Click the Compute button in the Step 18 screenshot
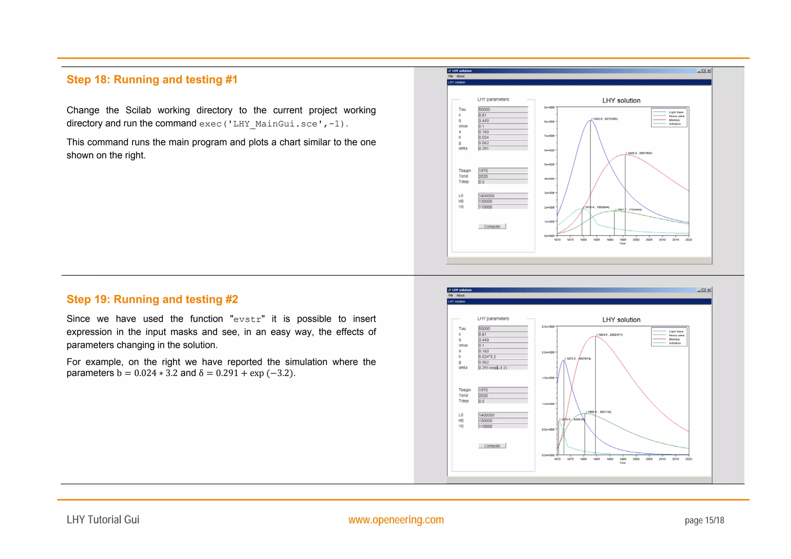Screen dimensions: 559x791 [492, 227]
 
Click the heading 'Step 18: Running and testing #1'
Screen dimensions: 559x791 [152, 80]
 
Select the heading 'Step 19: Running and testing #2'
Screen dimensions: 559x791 [152, 299]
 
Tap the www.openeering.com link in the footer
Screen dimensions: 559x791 [396, 520]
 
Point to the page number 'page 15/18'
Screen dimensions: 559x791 [704, 520]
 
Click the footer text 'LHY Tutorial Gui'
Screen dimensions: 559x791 [103, 520]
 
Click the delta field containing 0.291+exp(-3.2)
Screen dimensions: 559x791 [502, 368]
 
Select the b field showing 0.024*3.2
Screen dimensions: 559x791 [502, 357]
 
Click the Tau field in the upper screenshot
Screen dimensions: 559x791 [502, 110]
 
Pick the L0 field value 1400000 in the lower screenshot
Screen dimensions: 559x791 [502, 415]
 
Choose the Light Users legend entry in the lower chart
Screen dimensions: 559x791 [676, 332]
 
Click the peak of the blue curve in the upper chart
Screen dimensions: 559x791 [590, 120]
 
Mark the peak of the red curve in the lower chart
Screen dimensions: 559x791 [595, 336]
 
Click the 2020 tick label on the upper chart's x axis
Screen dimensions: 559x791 [689, 240]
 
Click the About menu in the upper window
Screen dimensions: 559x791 [460, 76]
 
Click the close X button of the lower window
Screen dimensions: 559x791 [709, 290]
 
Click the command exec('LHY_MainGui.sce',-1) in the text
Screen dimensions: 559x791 [273, 124]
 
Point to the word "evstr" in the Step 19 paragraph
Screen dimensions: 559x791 [247, 319]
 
